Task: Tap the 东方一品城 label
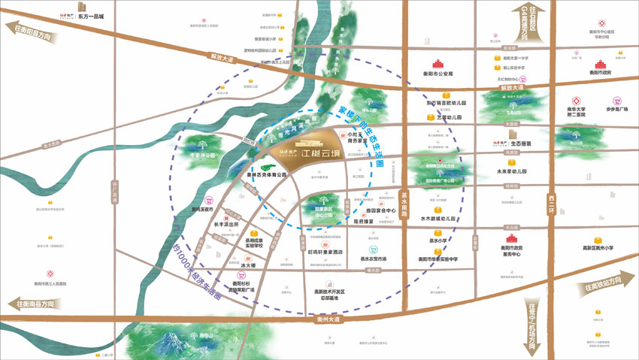click(91, 14)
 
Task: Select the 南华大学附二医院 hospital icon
click(577, 101)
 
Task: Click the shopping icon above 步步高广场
click(616, 101)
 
